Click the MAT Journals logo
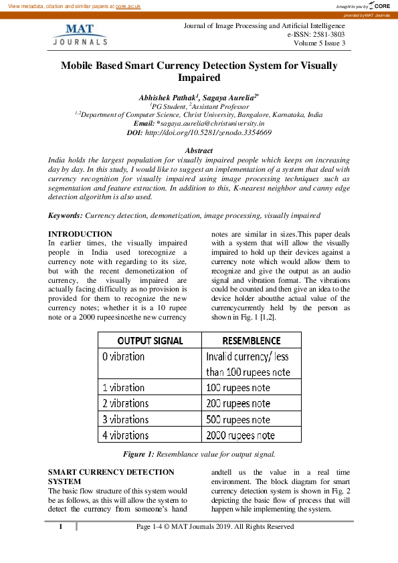point(80,34)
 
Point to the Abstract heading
point(199,151)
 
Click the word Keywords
point(66,216)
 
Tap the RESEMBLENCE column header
point(251,340)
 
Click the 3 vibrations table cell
point(125,419)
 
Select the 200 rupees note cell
point(238,404)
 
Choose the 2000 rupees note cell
point(240,435)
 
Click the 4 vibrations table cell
point(125,435)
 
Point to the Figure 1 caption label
point(139,454)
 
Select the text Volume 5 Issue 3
point(319,43)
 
